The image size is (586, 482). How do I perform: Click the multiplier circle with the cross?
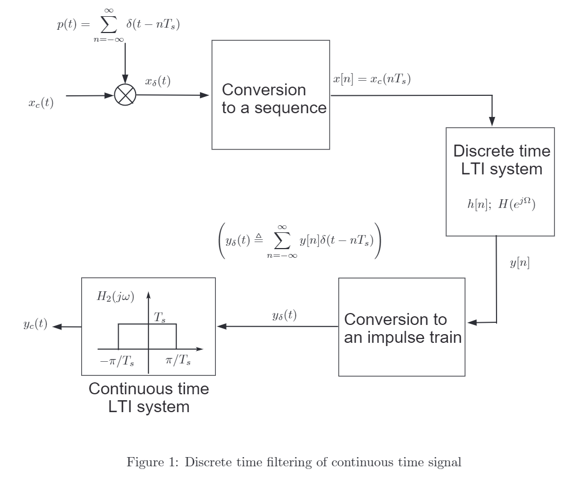pos(125,95)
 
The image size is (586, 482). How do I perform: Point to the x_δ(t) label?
pos(158,82)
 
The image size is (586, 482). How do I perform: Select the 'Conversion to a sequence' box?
pos(271,95)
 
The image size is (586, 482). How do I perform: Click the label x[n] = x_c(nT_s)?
pos(372,80)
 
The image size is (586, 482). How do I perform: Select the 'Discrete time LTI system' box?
pos(500,181)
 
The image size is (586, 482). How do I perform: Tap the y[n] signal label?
pos(519,264)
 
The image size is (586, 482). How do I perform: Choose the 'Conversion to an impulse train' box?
pos(402,327)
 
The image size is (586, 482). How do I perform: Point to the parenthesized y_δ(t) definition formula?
pos(299,242)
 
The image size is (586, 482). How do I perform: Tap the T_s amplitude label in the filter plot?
pos(160,318)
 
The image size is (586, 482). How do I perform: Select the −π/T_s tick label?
pos(118,362)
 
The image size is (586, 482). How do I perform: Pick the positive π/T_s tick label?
pos(178,362)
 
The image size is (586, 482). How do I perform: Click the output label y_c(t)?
pos(35,325)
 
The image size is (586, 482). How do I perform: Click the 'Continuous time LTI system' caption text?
pos(149,398)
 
